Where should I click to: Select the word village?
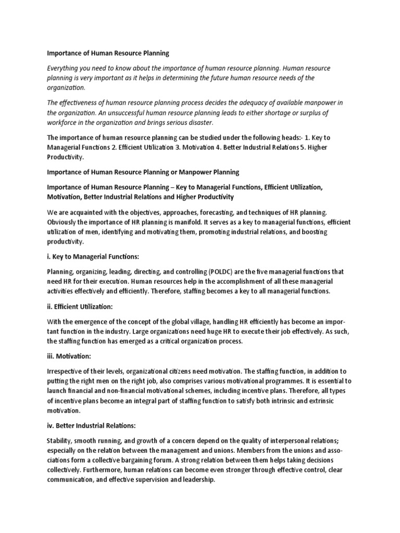(187, 323)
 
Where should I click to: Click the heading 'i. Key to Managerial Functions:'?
(93, 257)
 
